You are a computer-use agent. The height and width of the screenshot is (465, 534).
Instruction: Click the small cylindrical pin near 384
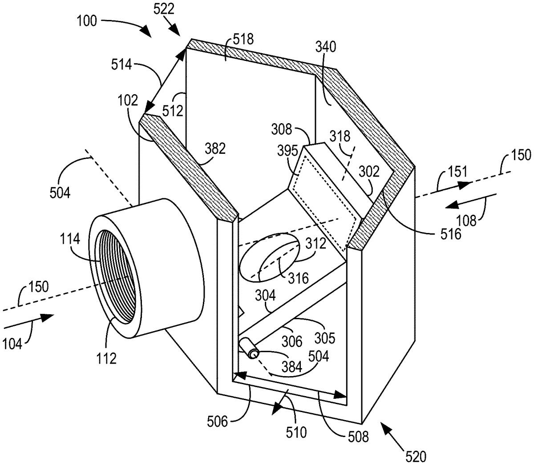click(x=250, y=348)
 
